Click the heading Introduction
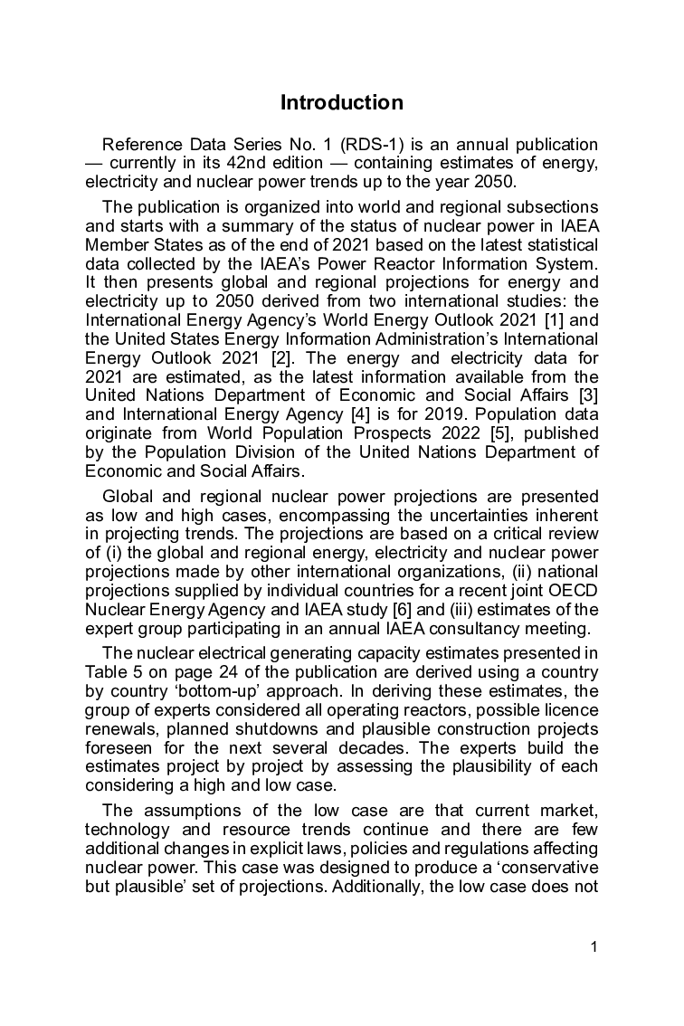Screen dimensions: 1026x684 [x=342, y=102]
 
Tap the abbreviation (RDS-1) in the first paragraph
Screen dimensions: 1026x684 [x=372, y=145]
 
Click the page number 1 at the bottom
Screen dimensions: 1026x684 [x=594, y=947]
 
